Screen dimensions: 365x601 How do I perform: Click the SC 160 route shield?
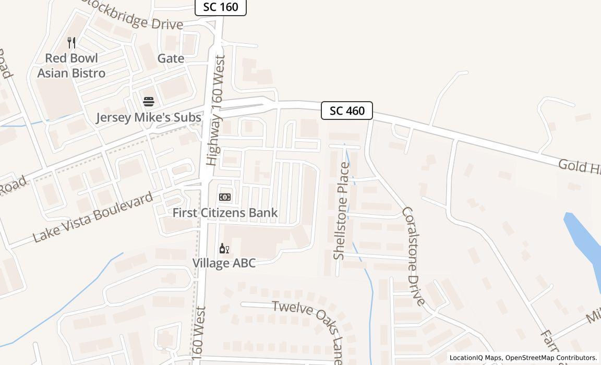[x=220, y=7]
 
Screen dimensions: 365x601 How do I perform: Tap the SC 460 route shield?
[x=347, y=111]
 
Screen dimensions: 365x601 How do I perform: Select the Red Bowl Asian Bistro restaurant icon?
[x=72, y=42]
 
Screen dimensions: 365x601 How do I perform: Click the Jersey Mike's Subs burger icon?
[x=149, y=101]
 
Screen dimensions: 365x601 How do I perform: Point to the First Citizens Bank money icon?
[x=225, y=197]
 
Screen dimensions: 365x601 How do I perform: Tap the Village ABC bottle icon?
[x=224, y=248]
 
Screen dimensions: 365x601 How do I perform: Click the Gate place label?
[x=171, y=58]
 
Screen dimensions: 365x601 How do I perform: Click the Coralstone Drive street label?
[x=415, y=256]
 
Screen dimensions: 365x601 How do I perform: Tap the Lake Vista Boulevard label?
[x=93, y=217]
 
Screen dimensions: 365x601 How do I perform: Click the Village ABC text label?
[x=224, y=263]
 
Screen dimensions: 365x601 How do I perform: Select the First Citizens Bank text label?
[x=225, y=213]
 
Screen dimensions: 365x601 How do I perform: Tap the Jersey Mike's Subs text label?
[x=149, y=118]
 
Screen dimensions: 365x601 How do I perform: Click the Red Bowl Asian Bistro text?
[x=71, y=66]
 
